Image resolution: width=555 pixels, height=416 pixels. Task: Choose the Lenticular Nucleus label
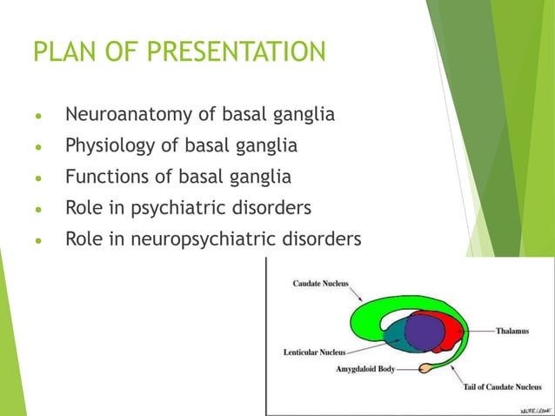[x=314, y=352]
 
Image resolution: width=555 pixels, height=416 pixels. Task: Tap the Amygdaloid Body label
[x=365, y=369]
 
